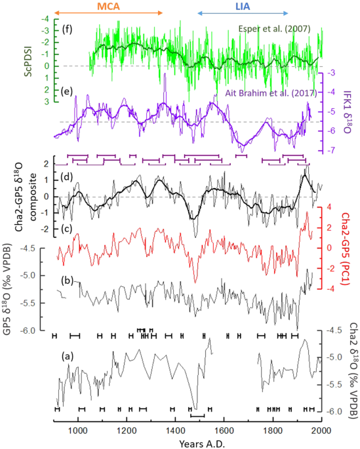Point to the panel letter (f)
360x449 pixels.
click(66, 29)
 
